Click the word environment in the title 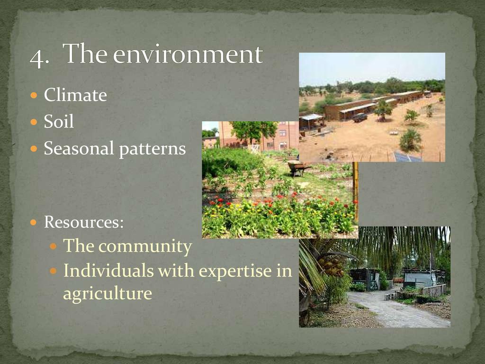coord(188,54)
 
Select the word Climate coord(75,95)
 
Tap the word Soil coord(59,121)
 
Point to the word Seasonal coord(79,148)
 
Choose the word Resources coord(84,222)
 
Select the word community coord(145,247)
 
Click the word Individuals coord(108,270)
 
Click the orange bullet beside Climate coord(34,95)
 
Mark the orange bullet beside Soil coord(34,122)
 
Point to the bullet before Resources coord(34,222)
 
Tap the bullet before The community coord(53,246)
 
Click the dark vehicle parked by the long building coord(360,118)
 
